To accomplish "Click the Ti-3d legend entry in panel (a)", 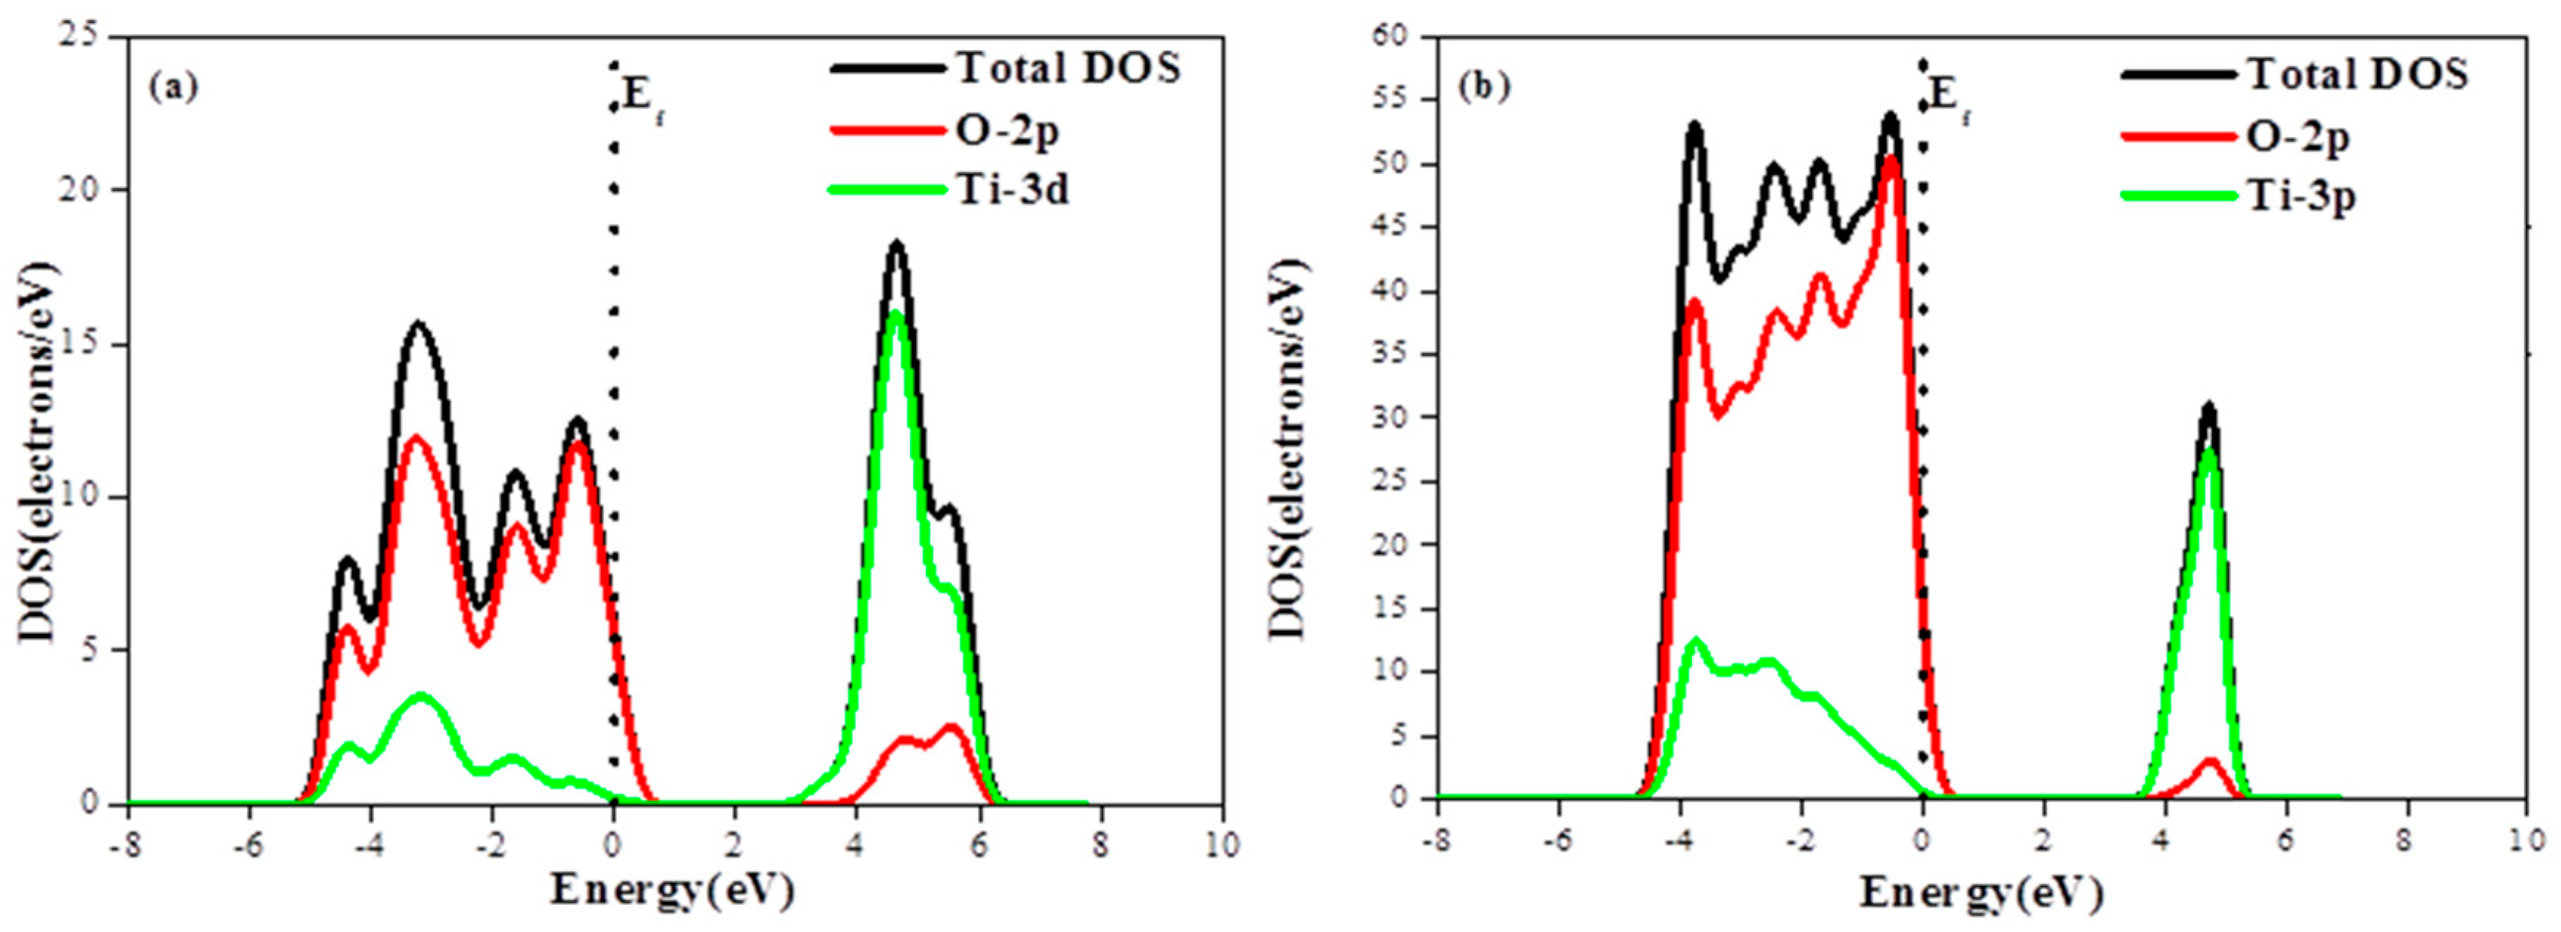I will (1012, 189).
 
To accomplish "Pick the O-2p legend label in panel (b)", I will (2298, 136).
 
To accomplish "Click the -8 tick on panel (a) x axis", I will (127, 845).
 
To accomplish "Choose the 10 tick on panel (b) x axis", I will (2525, 839).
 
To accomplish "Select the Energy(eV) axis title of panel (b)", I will (1981, 892).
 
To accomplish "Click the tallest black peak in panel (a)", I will (897, 244).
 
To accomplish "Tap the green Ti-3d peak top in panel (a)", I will (896, 315).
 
